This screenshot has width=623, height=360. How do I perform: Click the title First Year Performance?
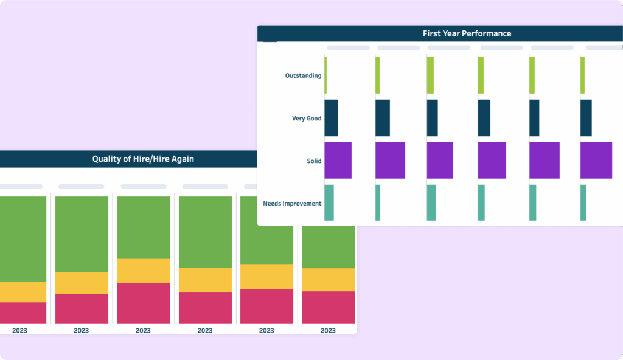click(467, 33)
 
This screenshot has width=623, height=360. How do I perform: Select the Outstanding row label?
click(303, 75)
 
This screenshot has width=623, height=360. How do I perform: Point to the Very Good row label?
click(307, 119)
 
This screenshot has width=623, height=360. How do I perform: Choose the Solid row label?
click(314, 161)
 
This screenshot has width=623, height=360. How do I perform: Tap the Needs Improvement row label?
click(292, 203)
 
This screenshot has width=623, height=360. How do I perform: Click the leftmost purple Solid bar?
click(338, 161)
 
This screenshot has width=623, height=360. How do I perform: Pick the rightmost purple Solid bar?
click(596, 161)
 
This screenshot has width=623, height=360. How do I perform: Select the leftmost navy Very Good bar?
click(331, 118)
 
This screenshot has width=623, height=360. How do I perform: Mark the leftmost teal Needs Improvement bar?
click(329, 202)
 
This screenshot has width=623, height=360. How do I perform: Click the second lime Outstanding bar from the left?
click(378, 75)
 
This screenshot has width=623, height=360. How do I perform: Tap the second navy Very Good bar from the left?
click(383, 118)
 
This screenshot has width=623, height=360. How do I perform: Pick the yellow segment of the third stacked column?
click(143, 271)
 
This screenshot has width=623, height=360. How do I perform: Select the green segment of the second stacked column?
click(82, 234)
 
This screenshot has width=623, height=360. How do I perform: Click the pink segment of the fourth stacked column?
click(205, 308)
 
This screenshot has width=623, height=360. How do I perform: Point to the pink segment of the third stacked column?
click(143, 303)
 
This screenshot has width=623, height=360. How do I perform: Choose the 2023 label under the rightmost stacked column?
click(328, 331)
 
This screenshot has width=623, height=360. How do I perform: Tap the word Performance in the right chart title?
click(487, 33)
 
